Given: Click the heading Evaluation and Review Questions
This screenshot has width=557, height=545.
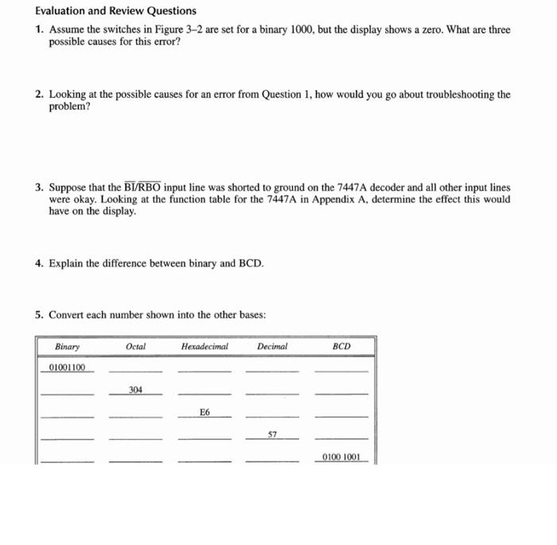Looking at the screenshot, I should click(116, 11).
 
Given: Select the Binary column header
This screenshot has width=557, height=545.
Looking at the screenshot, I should click(68, 347).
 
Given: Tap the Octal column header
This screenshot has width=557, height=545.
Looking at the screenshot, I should click(135, 347).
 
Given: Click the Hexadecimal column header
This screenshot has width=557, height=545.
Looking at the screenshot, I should click(204, 347).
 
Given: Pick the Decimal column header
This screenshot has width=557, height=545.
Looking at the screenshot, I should click(272, 347).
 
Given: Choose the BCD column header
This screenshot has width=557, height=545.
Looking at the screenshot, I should click(341, 347).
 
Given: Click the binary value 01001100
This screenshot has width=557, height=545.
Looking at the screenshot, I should click(67, 368).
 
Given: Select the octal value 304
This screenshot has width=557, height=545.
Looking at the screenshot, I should click(135, 390).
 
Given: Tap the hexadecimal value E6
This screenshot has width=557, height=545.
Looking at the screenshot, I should click(205, 412).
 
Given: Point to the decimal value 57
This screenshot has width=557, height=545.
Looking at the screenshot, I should click(272, 435).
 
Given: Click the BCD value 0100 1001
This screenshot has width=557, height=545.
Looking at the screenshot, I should click(341, 457).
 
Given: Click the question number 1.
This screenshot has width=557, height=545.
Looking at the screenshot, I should click(39, 29).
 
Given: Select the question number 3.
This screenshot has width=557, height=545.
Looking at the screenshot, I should click(39, 188).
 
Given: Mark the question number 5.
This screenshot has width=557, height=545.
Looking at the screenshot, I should click(39, 315).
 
